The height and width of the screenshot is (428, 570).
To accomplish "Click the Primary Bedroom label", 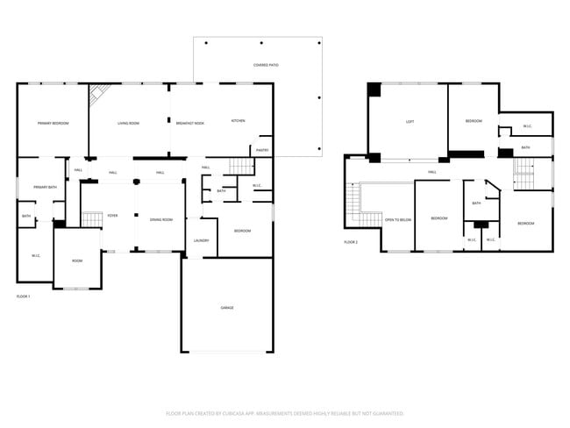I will pos(53,123).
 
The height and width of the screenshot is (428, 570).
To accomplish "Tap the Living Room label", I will pos(128,123).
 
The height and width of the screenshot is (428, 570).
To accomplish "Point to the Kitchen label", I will pos(238,120).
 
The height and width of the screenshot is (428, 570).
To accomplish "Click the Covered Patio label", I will pos(267,65).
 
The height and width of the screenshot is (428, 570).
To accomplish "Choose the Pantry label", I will pos(262,150).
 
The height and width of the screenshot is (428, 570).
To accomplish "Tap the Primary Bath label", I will pos(45,187).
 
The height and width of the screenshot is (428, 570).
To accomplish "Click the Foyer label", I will pos(112,215).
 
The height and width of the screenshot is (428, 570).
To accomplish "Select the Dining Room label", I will pos(161,219).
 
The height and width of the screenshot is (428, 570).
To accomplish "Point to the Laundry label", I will pos(201,240).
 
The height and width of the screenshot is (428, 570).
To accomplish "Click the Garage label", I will pos(226,307).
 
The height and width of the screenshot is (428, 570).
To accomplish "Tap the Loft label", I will pos(410,121).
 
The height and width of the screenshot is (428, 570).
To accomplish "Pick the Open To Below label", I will pos(398,219).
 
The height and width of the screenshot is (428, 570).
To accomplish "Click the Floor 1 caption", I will pos(23,296).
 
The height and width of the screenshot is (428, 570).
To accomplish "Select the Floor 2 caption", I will pos(351,241).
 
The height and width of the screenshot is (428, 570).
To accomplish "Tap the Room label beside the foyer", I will pos(77,260).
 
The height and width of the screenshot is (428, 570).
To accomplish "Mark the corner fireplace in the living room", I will pos(102,92).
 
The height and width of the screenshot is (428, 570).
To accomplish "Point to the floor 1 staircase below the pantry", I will pos(240,166).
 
